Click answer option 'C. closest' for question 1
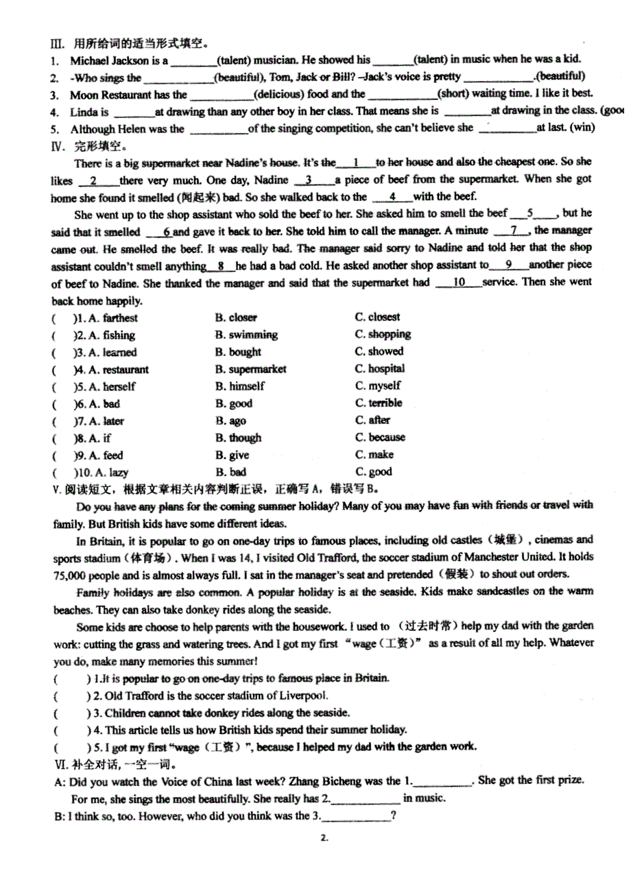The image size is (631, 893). pos(377,318)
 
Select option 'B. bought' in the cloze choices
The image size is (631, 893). pos(238,352)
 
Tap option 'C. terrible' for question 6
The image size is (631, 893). pos(379,403)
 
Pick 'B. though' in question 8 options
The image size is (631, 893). pos(238,438)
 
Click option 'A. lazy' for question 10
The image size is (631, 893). pos(108,473)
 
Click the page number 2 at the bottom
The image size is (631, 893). pos(324,837)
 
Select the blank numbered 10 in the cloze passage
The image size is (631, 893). pos(460,283)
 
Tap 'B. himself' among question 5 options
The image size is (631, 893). pos(239,386)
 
